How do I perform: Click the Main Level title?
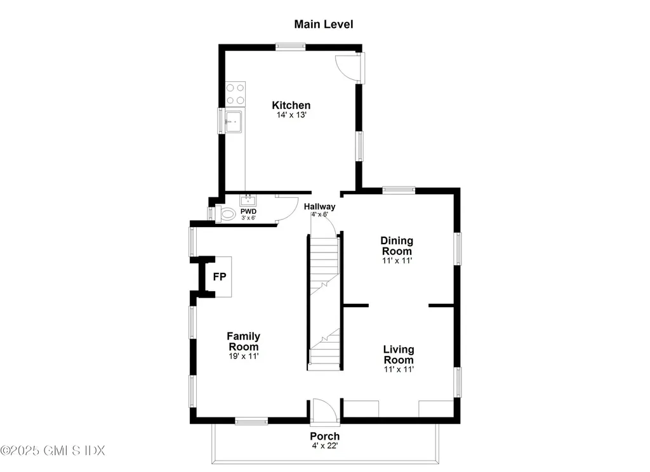(323, 25)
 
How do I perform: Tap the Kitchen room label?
(291, 105)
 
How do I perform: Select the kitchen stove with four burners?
(236, 95)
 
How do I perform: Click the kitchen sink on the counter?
(234, 121)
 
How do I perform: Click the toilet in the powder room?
(227, 214)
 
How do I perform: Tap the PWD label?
(248, 211)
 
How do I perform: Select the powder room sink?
(248, 200)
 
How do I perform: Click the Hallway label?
(319, 207)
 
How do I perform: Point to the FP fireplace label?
(219, 277)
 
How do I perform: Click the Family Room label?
(243, 341)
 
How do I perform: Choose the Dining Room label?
(397, 246)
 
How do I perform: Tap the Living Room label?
(399, 355)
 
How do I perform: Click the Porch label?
(324, 436)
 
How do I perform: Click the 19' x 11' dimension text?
(243, 357)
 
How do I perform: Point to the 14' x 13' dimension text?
(291, 115)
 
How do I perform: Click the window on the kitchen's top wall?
(290, 46)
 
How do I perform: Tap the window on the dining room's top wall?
(399, 190)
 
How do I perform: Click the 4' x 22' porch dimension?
(324, 446)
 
